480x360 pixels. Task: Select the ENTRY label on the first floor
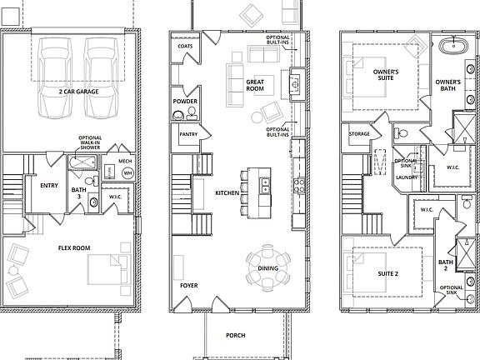coord(37,185)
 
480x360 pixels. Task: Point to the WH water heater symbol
coord(127,173)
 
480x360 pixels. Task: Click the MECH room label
coord(125,161)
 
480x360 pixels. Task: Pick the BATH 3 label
coord(78,193)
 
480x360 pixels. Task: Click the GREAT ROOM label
coord(255,84)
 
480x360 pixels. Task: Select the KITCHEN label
coord(227,192)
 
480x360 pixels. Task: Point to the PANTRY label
coord(187,133)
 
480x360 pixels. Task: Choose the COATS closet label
coord(185,47)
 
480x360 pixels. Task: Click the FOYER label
coord(189,285)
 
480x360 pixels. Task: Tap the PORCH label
coord(236,336)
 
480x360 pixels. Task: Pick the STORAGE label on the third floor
coord(360,133)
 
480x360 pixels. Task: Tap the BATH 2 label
coord(446,266)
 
